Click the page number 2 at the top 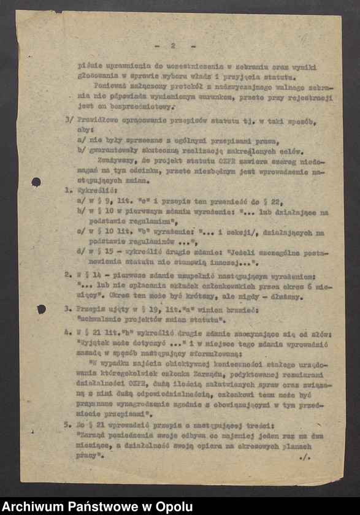[x=173, y=46]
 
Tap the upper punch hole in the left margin [x=36, y=182]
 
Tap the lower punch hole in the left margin [x=41, y=309]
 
